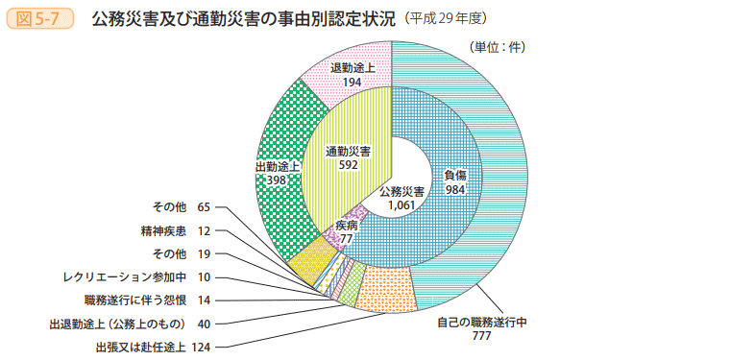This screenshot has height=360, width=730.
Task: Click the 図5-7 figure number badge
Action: (x=40, y=17)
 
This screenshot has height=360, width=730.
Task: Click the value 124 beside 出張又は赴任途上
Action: (x=201, y=347)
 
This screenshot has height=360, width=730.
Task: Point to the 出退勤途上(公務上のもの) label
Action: (x=115, y=324)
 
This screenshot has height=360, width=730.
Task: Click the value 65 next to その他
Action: (x=204, y=207)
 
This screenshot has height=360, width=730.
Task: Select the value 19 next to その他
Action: (x=204, y=254)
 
